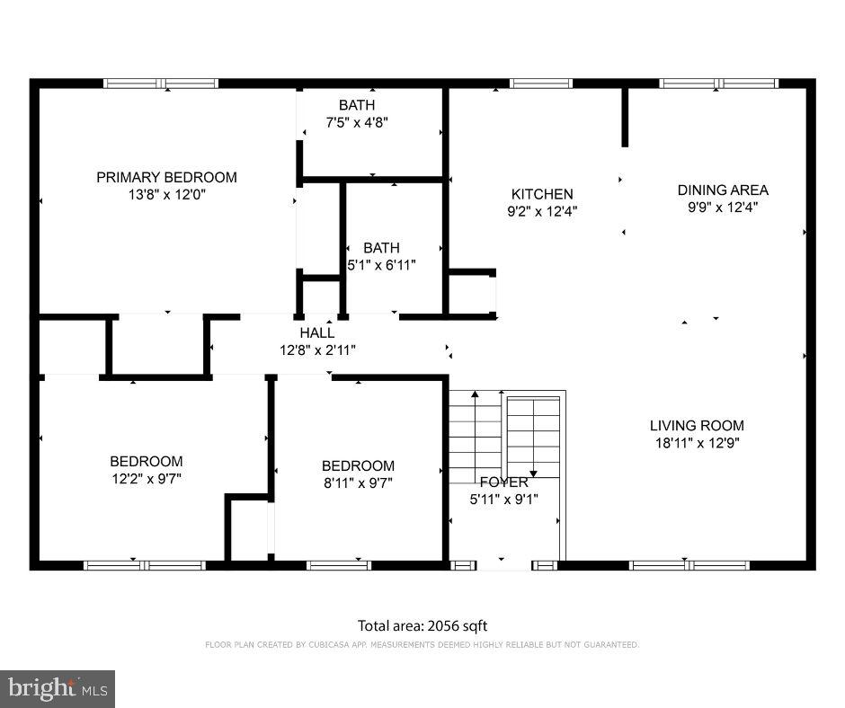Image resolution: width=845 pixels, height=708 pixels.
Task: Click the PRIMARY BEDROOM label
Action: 166,177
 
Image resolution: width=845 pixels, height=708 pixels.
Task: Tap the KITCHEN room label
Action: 542,194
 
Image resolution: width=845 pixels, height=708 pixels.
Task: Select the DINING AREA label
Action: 723,190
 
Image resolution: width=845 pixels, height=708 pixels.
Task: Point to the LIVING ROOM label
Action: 697,426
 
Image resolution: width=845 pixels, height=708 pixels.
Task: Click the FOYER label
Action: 503,482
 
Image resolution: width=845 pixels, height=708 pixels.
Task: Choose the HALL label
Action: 317,333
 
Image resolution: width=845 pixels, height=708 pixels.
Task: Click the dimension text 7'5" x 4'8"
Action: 357,122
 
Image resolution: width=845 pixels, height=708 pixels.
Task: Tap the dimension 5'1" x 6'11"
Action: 382,265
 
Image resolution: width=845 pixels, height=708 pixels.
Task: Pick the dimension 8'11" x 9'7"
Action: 358,482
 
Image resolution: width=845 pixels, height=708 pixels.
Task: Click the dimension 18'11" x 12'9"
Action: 697,443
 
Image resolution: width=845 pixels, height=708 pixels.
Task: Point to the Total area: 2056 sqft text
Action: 422,626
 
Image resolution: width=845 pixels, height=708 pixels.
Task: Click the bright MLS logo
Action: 58,689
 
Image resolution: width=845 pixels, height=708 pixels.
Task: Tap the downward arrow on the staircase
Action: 532,471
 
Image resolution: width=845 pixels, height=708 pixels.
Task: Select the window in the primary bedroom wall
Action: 161,84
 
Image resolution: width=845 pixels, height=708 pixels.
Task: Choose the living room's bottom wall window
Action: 689,565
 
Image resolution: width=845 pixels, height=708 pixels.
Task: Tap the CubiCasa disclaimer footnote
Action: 422,645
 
